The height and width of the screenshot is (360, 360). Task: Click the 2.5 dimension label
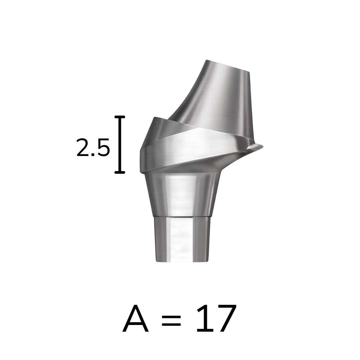pos(93,148)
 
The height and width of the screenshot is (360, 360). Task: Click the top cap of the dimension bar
pos(120,117)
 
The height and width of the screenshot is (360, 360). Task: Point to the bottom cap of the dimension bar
pos(120,172)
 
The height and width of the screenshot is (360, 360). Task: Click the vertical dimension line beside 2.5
pos(120,144)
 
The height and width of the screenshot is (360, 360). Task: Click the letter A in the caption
pos(135,318)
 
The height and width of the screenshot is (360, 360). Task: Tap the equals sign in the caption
pos(172,320)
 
